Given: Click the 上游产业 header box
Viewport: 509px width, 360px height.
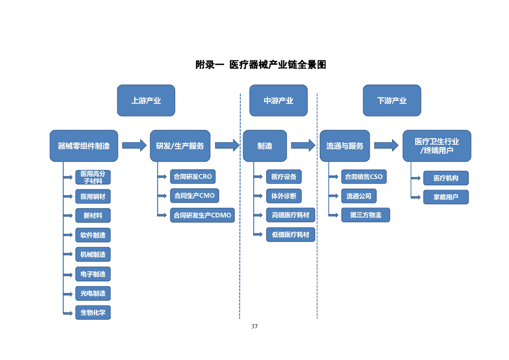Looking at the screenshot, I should point(146,100).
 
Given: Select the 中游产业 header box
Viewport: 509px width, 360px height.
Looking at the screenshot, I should point(278,100).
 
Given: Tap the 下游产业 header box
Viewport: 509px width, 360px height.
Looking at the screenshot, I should point(392,100).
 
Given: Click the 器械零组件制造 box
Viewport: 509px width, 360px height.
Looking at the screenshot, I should point(83,146).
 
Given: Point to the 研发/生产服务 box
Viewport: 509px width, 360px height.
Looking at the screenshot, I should point(180,146).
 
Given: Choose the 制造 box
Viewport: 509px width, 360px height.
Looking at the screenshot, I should point(264,146).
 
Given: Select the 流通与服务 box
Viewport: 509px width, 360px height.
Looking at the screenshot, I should point(345,146).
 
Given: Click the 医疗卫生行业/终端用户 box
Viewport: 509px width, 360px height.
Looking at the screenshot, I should point(436,146).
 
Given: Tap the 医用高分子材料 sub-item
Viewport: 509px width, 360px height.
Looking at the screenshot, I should point(93,177).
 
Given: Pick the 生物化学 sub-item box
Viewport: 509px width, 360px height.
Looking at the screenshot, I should point(93,312).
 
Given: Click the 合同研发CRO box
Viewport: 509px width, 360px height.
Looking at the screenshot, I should point(193,177).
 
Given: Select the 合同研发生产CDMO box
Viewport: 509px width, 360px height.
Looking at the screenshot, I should point(202,215).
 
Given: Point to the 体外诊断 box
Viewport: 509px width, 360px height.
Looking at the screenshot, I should point(284,196).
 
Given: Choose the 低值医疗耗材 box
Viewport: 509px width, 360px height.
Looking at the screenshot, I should point(290,235).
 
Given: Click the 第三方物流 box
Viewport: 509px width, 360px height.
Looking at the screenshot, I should point(365,215).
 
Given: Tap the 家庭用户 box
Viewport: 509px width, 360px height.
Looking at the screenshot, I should point(445,197).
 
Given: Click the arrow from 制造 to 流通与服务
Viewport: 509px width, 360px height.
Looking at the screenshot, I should point(303,145).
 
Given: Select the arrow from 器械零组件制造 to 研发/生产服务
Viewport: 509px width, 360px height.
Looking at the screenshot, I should point(134,145).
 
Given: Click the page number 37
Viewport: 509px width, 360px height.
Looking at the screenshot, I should point(254,326).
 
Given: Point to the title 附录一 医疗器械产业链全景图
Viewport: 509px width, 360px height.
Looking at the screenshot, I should point(260,64).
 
